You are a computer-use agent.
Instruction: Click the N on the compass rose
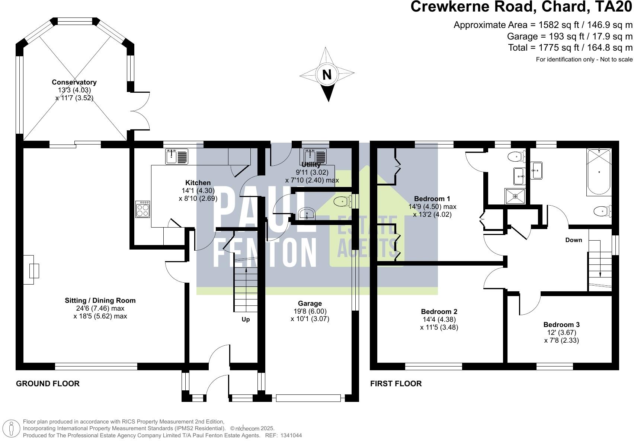click(x=327, y=75)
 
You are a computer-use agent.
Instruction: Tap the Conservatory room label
click(x=74, y=82)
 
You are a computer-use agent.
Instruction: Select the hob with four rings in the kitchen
click(x=143, y=209)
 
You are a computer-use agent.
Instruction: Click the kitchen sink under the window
click(x=177, y=156)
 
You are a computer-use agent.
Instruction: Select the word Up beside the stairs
click(x=246, y=320)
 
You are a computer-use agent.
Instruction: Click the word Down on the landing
click(x=573, y=240)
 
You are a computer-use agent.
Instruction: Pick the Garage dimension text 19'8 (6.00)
click(x=310, y=311)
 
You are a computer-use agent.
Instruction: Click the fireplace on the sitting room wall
click(x=31, y=270)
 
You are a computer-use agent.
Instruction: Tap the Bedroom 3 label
click(x=561, y=325)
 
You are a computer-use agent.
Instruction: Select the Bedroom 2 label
click(x=439, y=311)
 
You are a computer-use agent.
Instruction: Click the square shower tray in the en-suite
click(x=515, y=196)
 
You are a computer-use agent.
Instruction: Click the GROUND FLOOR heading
click(x=48, y=384)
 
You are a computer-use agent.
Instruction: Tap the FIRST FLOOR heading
click(x=396, y=384)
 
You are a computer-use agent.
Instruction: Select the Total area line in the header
click(x=570, y=48)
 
